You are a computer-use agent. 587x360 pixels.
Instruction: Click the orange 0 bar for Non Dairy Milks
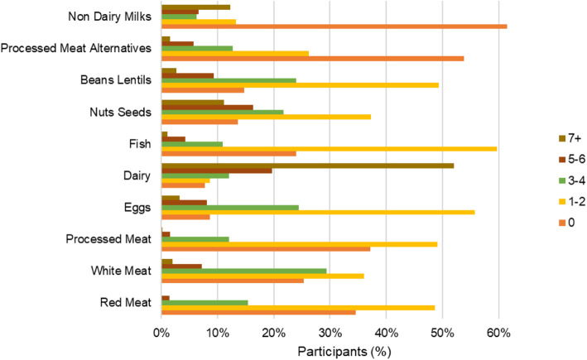334,26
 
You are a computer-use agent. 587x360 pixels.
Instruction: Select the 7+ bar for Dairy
308,166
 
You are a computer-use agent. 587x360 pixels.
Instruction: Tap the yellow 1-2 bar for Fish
330,149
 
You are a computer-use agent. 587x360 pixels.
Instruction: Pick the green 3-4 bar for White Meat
244,271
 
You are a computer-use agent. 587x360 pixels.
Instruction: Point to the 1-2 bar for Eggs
318,212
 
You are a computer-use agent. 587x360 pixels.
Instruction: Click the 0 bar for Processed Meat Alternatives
313,59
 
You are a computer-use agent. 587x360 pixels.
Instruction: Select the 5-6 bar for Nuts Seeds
208,108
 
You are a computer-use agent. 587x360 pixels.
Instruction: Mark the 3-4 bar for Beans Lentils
229,80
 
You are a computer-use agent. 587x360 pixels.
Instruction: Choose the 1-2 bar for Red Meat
298,308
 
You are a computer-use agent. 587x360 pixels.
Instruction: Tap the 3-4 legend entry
572,180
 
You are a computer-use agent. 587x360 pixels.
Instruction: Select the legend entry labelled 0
567,223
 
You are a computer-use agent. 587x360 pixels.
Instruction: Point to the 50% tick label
442,333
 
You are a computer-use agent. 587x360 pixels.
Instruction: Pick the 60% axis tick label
498,333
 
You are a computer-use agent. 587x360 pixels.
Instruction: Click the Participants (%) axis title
344,352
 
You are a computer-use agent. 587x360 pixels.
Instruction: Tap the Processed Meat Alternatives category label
76,48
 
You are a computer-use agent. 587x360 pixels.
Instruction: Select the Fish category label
140,144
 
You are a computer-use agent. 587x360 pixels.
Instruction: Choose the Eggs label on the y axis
137,208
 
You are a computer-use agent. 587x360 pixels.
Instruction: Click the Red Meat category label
125,302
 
